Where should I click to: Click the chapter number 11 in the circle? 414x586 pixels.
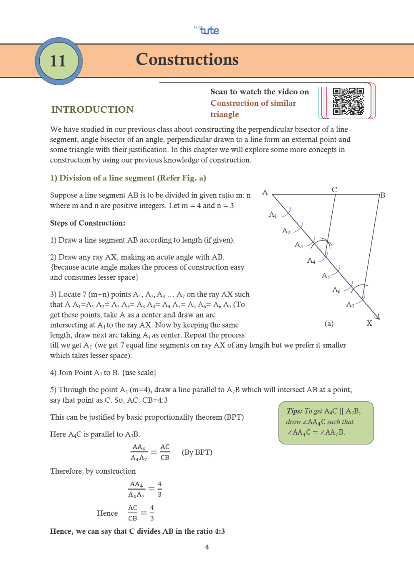click(x=58, y=61)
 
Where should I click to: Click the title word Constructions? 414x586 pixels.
click(x=187, y=59)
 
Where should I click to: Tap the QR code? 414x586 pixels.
click(x=348, y=101)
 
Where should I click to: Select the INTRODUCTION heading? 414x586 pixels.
click(x=92, y=109)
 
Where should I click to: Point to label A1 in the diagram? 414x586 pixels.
click(x=273, y=214)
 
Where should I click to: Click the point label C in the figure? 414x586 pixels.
click(x=334, y=190)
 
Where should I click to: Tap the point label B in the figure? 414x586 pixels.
click(x=382, y=195)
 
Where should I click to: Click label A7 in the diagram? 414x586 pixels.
click(x=350, y=305)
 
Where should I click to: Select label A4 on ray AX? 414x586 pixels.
click(x=311, y=261)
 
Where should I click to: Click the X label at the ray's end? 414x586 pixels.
click(x=369, y=323)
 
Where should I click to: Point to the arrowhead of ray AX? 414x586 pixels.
click(x=377, y=317)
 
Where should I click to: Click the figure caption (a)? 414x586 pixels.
click(x=329, y=323)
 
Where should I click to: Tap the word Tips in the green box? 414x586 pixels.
click(x=294, y=411)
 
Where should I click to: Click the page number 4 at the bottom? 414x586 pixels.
click(x=207, y=547)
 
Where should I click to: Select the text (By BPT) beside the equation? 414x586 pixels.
click(x=197, y=452)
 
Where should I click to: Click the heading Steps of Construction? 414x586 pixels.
click(x=88, y=223)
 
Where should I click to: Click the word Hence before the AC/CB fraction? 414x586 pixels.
click(x=107, y=513)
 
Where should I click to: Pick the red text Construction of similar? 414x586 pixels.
click(x=253, y=103)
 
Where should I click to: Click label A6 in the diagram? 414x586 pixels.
click(x=336, y=289)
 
